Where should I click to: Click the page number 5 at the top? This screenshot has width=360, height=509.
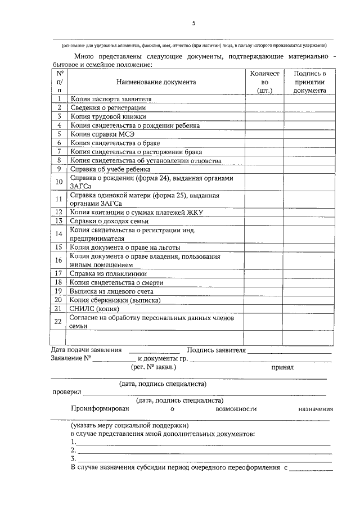pyautogui.click(x=194, y=23)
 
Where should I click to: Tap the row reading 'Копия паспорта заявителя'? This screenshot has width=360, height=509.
pyautogui.click(x=110, y=100)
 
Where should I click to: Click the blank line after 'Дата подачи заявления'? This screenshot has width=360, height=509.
pyautogui.click(x=150, y=350)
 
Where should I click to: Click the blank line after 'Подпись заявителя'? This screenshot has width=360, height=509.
pyautogui.click(x=290, y=350)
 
